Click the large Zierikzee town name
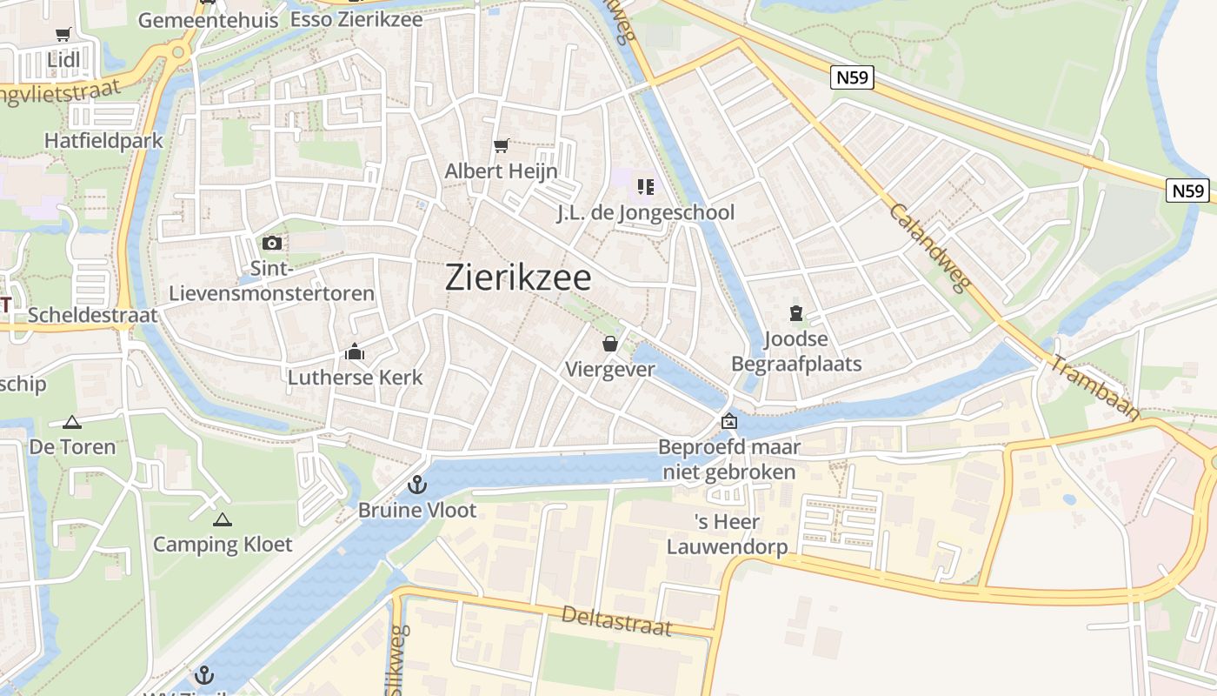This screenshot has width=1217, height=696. pos(518,278)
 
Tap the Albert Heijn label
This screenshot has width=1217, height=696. pos(501,171)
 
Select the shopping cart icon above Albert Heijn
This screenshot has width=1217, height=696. pos(501,145)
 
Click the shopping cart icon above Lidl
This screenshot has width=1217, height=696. pos(63,35)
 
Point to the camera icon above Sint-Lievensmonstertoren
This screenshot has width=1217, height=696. pos(271,243)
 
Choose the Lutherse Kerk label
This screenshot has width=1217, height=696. pos(355,378)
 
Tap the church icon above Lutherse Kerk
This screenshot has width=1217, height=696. pos(355,352)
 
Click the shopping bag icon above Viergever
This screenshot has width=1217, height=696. pos(610,344)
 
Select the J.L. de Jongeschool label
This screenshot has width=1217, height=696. pos(645,212)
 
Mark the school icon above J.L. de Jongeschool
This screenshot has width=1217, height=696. pos(645,186)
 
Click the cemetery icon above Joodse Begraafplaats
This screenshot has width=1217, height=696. pos(795,313)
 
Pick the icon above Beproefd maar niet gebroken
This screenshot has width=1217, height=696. pos(728,422)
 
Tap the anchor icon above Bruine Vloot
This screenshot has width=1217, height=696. pos(418,484)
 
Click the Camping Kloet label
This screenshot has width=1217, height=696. pos(223,545)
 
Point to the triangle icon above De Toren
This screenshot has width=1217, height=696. pos(72,423)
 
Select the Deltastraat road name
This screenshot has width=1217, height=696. pos(616,620)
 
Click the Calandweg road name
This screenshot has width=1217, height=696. pos(928,249)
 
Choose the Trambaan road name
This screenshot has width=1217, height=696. pos(1094,387)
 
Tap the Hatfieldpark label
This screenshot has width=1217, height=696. pos(103,140)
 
